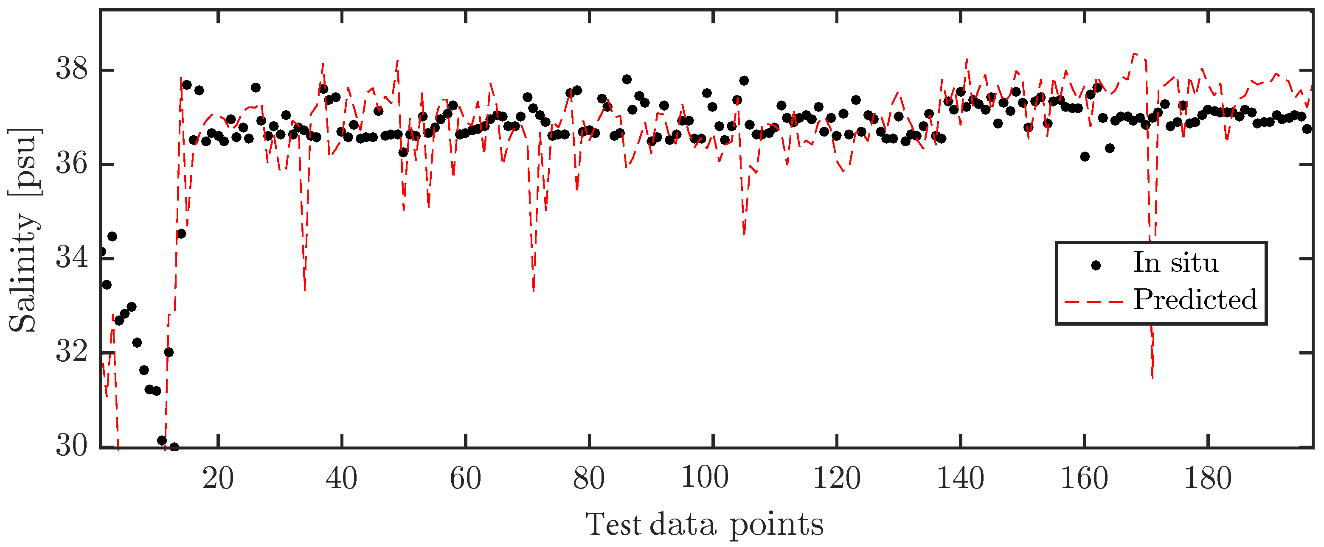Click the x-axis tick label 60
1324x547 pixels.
465,479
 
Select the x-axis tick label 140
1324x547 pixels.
960,479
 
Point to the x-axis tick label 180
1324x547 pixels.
1207,479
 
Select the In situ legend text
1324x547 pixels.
1175,263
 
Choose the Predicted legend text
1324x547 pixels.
1195,299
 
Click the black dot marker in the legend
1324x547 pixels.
1096,265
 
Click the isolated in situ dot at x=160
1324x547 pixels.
1085,156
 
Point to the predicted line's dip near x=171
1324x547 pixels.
1153,377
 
